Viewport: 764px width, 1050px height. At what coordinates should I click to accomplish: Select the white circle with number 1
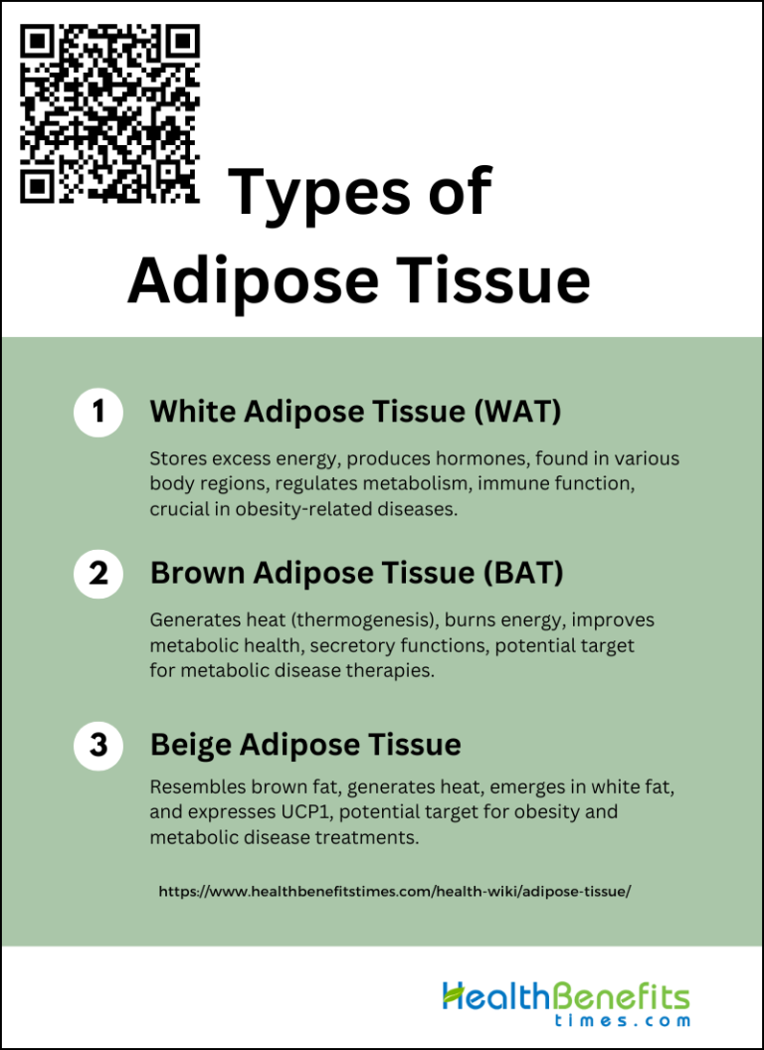coord(98,412)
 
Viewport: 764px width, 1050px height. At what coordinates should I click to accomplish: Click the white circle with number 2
coord(98,574)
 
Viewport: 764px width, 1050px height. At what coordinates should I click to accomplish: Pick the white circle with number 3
coord(98,744)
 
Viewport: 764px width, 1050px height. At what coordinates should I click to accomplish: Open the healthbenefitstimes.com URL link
coord(394,892)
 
